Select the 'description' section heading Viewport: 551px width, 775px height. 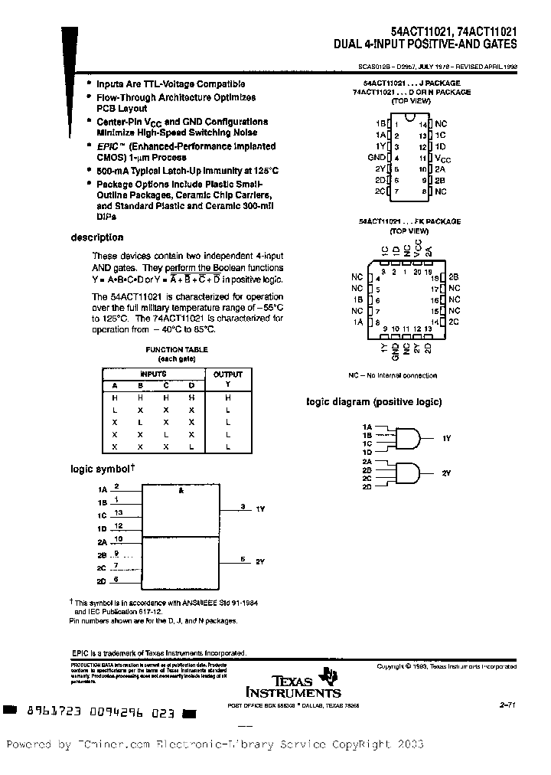point(97,237)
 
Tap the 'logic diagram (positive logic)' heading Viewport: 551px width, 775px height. point(374,402)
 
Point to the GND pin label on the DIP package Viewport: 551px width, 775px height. point(377,157)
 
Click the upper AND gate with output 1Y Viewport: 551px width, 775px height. point(409,438)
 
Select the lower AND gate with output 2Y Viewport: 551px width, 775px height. point(409,473)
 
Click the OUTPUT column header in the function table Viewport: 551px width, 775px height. point(227,374)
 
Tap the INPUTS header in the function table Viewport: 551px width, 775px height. point(153,374)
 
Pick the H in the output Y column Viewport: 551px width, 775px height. point(227,398)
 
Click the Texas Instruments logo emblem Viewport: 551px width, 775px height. point(329,675)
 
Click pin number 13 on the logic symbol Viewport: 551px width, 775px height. point(118,512)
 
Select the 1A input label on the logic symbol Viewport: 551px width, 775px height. point(102,489)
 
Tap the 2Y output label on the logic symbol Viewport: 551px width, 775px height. point(259,562)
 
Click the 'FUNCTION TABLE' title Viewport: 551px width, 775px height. point(166,349)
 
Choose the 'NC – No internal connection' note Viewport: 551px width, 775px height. point(393,376)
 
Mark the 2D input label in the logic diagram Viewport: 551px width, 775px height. point(367,487)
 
